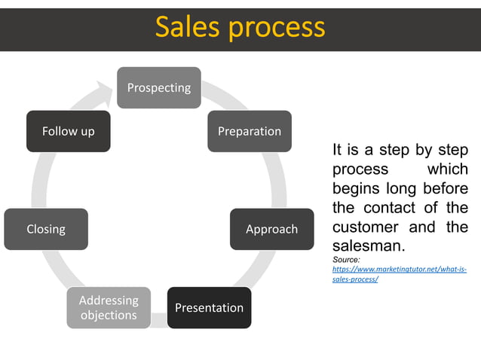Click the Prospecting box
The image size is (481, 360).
158,87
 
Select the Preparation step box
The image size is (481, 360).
249,131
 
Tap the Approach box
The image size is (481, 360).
271,229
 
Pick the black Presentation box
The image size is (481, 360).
209,307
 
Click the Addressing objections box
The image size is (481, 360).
109,307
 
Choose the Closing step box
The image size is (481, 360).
46,229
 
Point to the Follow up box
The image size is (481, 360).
68,131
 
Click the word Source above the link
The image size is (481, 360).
346,260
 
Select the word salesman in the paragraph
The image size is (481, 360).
366,246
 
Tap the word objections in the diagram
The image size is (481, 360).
109,315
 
